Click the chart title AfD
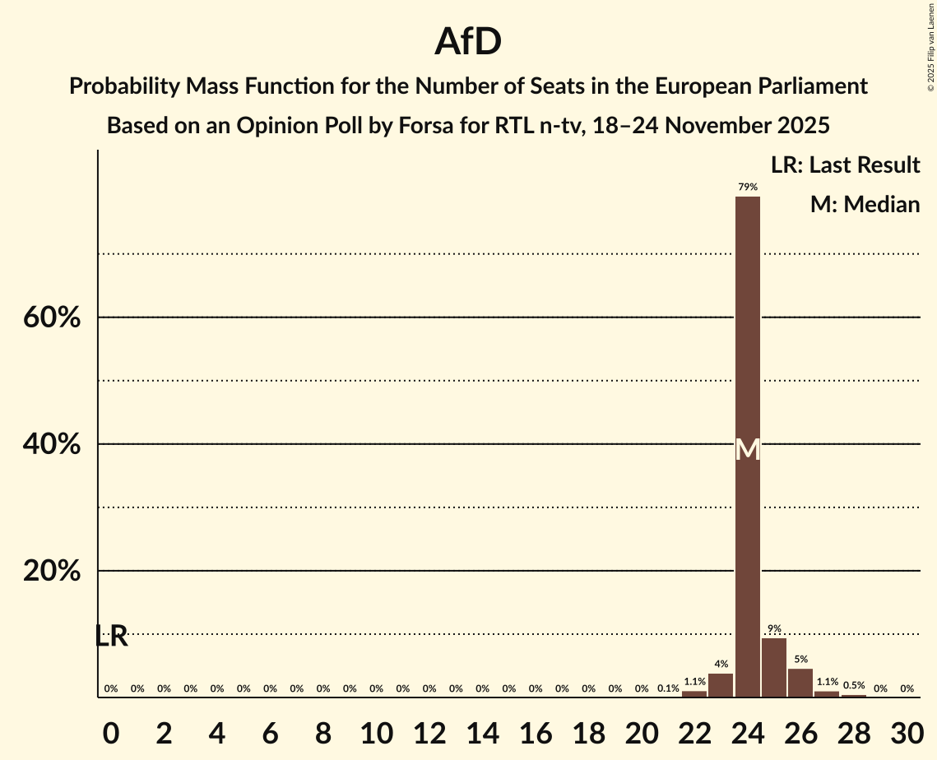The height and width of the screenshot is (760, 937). (468, 42)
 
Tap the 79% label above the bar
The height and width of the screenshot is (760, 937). (747, 188)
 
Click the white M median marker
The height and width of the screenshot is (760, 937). (747, 450)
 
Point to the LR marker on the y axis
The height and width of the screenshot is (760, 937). (111, 636)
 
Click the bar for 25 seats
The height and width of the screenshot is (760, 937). (774, 667)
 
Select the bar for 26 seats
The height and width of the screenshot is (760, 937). (800, 682)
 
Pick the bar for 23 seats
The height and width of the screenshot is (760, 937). (721, 684)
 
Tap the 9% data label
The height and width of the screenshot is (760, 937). (774, 629)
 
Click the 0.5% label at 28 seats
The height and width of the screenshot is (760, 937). (853, 686)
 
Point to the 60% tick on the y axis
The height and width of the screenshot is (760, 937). (52, 317)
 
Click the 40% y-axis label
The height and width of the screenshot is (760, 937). (52, 444)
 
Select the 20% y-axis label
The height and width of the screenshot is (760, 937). (52, 571)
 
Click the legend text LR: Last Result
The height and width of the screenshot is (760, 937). (845, 165)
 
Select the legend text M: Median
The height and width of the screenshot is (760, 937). (865, 204)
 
